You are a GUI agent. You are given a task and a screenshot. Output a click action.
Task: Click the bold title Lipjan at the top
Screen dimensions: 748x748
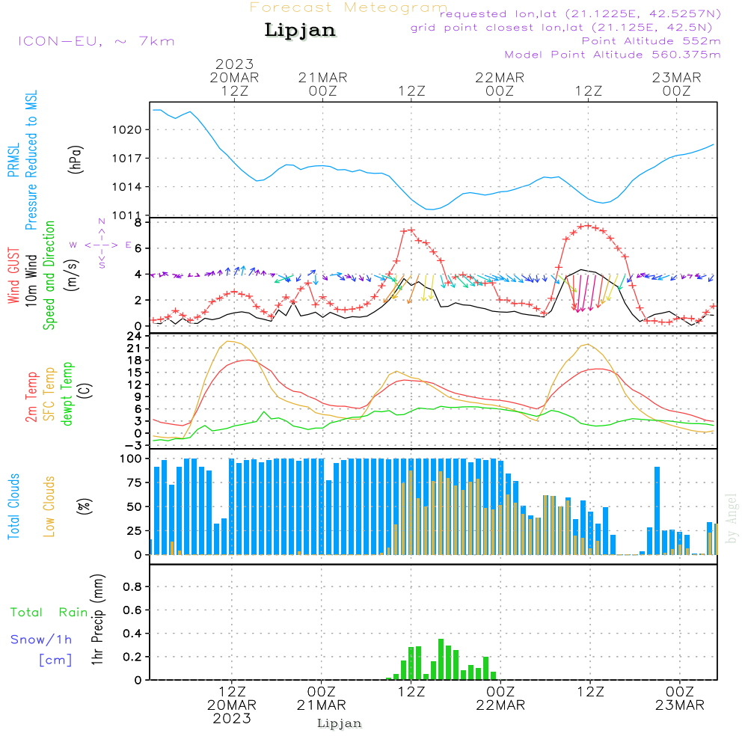coord(300,31)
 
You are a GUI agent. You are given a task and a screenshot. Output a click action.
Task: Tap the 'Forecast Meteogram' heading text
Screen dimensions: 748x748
coord(349,7)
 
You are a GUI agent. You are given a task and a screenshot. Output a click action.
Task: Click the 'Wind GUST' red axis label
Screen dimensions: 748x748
coord(13,276)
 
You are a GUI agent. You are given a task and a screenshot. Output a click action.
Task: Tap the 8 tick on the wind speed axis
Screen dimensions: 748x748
coord(138,223)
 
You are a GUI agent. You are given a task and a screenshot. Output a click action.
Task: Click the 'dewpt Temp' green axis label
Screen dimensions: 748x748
coord(67,393)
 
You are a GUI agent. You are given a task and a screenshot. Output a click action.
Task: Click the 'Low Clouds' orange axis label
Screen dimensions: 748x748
coord(49,506)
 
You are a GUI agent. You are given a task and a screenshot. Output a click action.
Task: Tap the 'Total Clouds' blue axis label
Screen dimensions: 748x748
coord(13,506)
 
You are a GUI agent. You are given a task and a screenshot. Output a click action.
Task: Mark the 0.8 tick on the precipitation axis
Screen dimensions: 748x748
coord(132,587)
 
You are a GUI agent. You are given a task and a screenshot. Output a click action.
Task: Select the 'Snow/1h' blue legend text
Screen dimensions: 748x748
coord(42,640)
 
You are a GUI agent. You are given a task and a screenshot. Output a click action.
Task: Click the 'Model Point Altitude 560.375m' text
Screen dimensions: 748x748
coord(613,55)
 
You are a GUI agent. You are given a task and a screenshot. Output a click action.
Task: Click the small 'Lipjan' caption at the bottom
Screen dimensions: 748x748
coord(340,723)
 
